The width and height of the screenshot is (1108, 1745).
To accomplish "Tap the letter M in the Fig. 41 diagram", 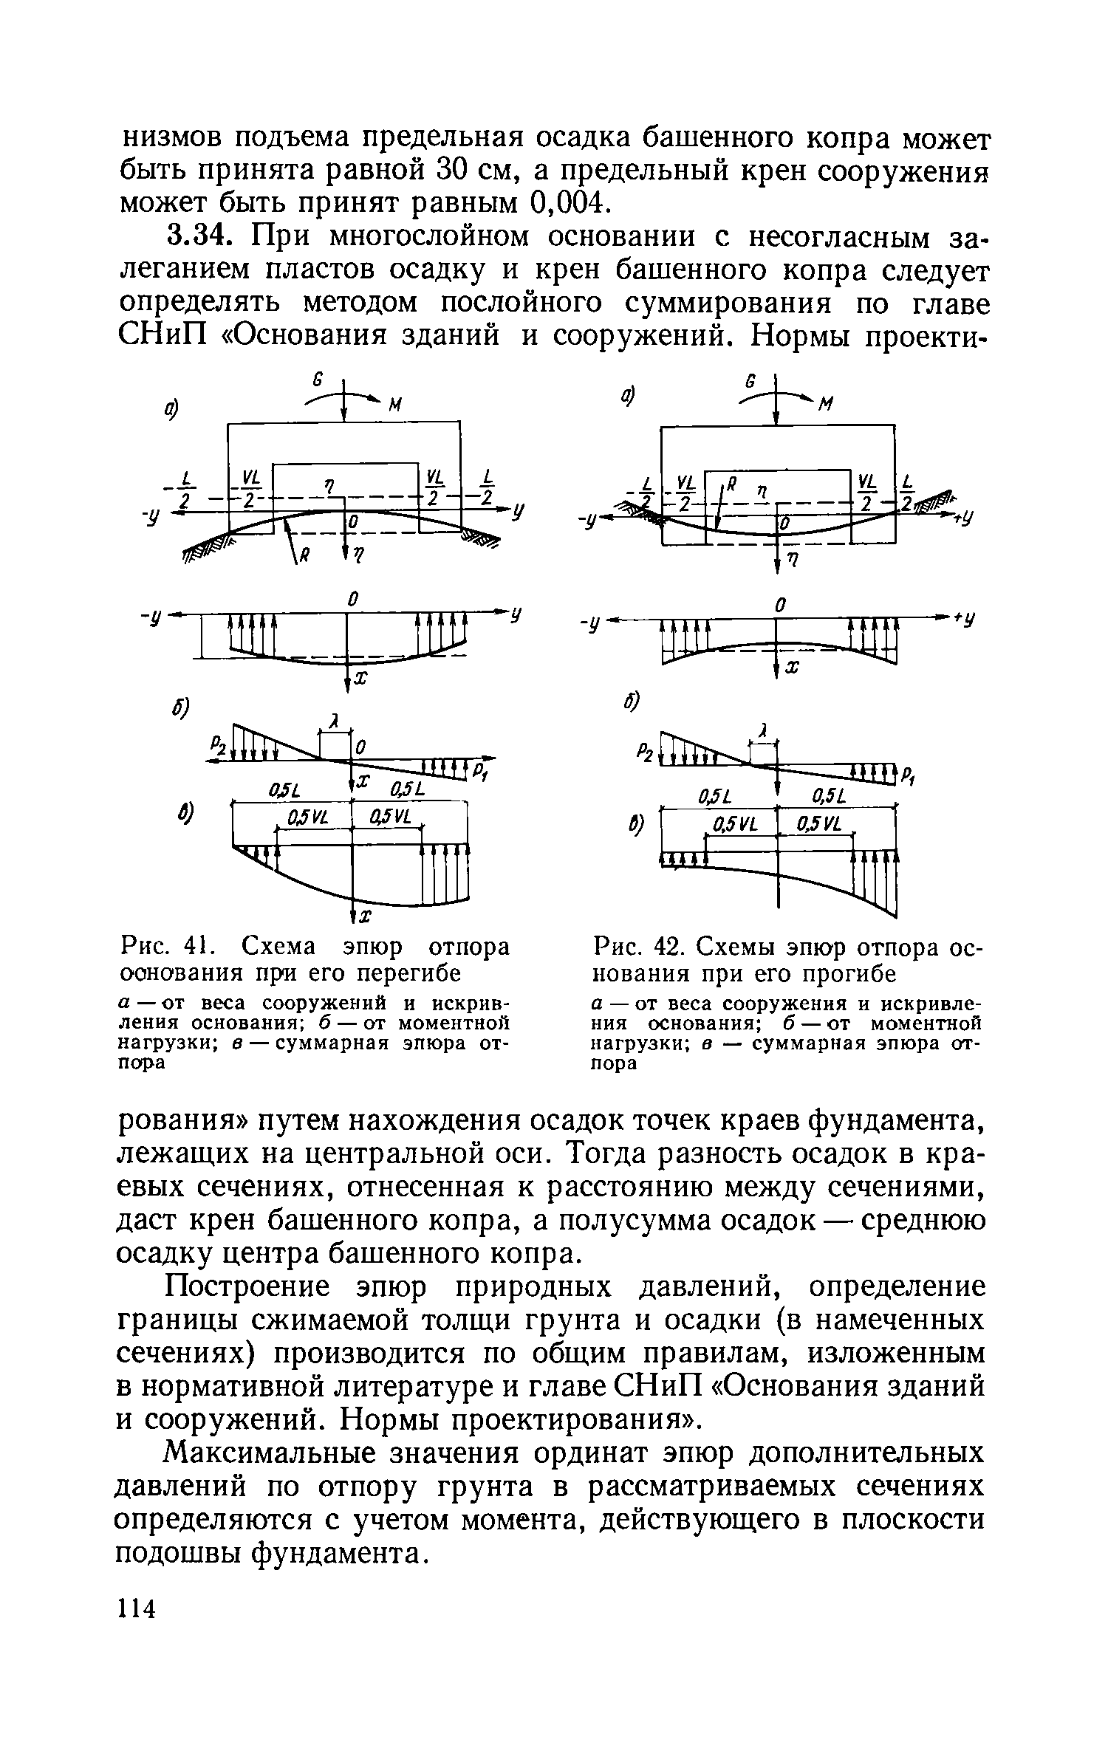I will [396, 405].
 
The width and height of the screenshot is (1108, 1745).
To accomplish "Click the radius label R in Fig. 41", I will [301, 558].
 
